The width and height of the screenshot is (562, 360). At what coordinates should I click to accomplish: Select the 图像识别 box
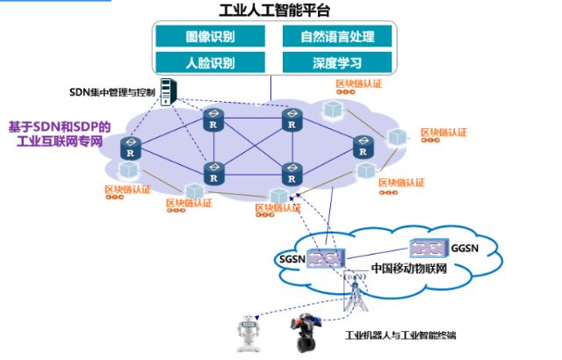tap(210, 37)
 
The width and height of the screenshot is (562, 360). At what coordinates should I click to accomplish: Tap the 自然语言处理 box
tap(337, 37)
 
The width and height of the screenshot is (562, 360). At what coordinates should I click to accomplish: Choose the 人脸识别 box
tap(210, 63)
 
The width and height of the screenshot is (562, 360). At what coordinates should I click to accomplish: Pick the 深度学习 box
tap(337, 63)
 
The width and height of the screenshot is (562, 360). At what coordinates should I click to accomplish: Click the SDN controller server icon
tap(171, 90)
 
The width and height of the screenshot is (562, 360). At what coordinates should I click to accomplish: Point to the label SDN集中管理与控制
tap(112, 91)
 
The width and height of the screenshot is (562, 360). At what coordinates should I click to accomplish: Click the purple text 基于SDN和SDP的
tap(59, 126)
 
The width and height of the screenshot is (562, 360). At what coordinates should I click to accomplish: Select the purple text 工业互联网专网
tap(60, 140)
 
